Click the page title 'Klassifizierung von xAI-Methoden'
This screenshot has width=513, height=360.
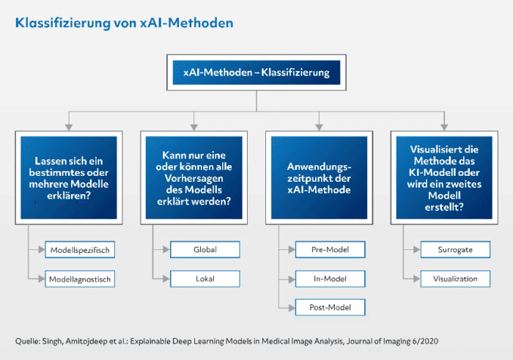tap(125, 23)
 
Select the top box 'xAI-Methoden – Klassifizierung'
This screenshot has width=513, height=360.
tap(256, 73)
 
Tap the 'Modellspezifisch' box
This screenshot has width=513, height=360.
tap(80, 250)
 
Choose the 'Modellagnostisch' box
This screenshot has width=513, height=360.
tap(80, 279)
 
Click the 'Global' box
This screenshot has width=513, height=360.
tap(205, 249)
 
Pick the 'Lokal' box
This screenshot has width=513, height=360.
tap(205, 279)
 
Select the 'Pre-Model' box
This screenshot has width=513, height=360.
tap(330, 249)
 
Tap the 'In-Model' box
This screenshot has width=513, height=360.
tap(330, 279)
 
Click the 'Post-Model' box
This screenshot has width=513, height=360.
tap(330, 307)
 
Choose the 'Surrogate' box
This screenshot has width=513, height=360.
tap(455, 249)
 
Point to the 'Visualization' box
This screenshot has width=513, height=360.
tap(455, 279)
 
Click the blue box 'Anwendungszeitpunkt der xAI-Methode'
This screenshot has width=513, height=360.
tap(319, 177)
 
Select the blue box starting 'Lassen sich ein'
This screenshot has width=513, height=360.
tap(69, 177)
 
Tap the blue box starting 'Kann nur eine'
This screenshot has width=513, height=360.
tap(194, 177)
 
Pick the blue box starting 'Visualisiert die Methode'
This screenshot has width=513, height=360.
tap(444, 177)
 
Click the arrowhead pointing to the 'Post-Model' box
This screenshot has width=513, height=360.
tap(292, 308)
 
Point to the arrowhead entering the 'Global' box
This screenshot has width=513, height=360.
tap(166, 250)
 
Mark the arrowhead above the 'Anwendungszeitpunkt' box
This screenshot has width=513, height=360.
tap(320, 128)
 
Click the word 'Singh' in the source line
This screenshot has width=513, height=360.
tap(52, 342)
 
